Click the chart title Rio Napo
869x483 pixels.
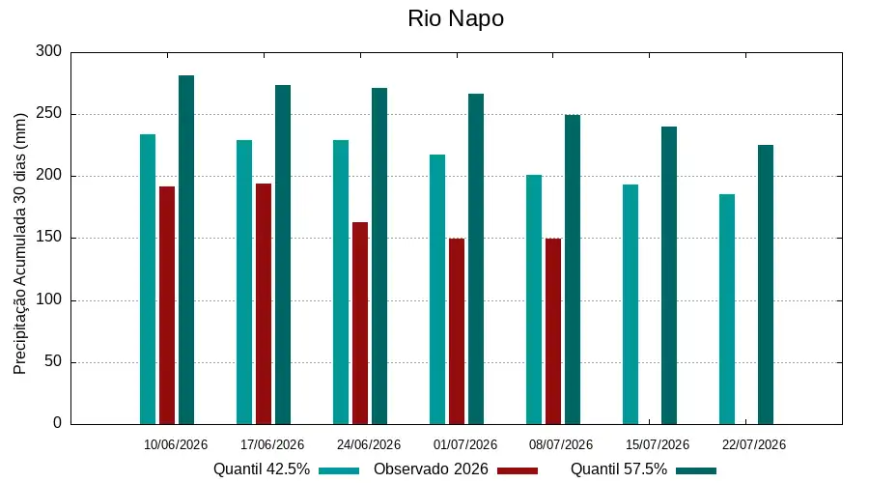click(x=456, y=18)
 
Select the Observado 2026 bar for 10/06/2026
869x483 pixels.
click(x=167, y=305)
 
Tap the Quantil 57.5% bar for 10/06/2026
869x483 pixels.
click(x=186, y=250)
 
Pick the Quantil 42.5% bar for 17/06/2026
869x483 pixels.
click(x=244, y=282)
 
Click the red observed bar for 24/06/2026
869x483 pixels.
click(x=360, y=324)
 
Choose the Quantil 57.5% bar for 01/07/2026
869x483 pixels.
click(x=476, y=260)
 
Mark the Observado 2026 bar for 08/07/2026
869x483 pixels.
click(x=553, y=331)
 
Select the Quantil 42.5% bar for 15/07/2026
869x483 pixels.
click(x=631, y=304)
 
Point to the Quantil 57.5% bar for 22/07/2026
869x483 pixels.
click(x=766, y=285)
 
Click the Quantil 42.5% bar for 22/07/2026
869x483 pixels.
click(x=727, y=309)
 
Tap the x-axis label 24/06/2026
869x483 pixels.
click(x=369, y=444)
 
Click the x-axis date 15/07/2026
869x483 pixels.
click(x=658, y=444)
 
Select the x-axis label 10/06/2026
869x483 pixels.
click(x=176, y=444)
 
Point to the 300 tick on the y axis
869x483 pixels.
click(x=49, y=51)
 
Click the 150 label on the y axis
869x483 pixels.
click(x=49, y=238)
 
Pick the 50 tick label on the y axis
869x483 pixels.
click(x=53, y=361)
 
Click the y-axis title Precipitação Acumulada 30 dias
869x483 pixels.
click(x=20, y=244)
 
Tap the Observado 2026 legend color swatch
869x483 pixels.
click(x=518, y=470)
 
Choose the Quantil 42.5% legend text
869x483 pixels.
click(x=262, y=469)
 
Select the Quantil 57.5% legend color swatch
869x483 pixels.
click(x=696, y=470)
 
